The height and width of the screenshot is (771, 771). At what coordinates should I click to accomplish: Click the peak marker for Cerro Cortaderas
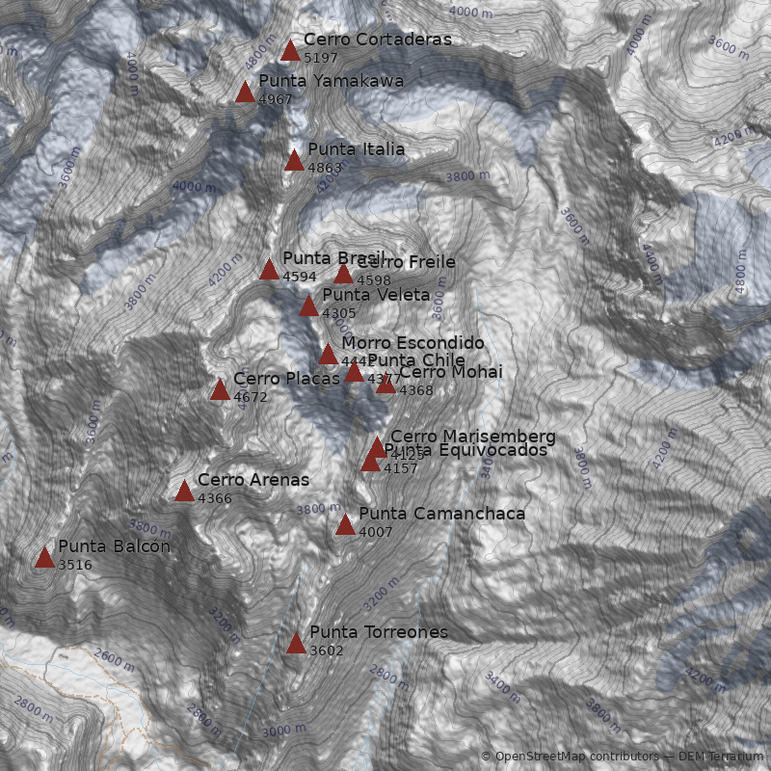pyautogui.click(x=290, y=50)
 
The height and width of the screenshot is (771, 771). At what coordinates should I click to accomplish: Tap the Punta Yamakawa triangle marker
pyautogui.click(x=245, y=92)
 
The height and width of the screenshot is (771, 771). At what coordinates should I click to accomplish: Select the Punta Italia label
pyautogui.click(x=356, y=149)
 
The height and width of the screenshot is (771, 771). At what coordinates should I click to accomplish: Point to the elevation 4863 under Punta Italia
pyautogui.click(x=324, y=168)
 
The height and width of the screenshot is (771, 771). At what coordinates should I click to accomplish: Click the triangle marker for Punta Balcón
pyautogui.click(x=44, y=557)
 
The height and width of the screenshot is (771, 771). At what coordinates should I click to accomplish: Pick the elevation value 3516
pyautogui.click(x=74, y=565)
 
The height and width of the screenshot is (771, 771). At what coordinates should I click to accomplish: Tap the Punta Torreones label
pyautogui.click(x=378, y=632)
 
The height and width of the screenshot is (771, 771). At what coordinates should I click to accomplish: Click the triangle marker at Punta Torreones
pyautogui.click(x=296, y=643)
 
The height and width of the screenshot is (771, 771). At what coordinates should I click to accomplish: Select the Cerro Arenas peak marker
pyautogui.click(x=184, y=491)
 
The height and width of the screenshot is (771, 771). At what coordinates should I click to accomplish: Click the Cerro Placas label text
pyautogui.click(x=273, y=379)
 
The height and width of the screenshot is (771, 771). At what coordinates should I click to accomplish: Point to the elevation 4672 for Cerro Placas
pyautogui.click(x=250, y=396)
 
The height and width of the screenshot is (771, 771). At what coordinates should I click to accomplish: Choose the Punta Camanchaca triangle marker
pyautogui.click(x=345, y=524)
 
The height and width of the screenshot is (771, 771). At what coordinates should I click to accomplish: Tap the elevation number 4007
pyautogui.click(x=375, y=532)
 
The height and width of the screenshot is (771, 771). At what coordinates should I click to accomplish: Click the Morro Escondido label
pyautogui.click(x=412, y=342)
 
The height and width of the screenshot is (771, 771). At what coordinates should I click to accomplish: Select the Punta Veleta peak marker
pyautogui.click(x=308, y=306)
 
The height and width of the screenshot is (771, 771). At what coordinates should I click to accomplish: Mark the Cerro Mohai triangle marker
pyautogui.click(x=385, y=384)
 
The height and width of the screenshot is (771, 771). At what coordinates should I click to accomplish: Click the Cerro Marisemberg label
pyautogui.click(x=472, y=437)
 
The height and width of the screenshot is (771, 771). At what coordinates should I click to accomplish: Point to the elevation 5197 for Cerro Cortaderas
pyautogui.click(x=320, y=58)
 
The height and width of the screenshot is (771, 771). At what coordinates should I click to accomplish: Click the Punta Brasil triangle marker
pyautogui.click(x=269, y=269)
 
